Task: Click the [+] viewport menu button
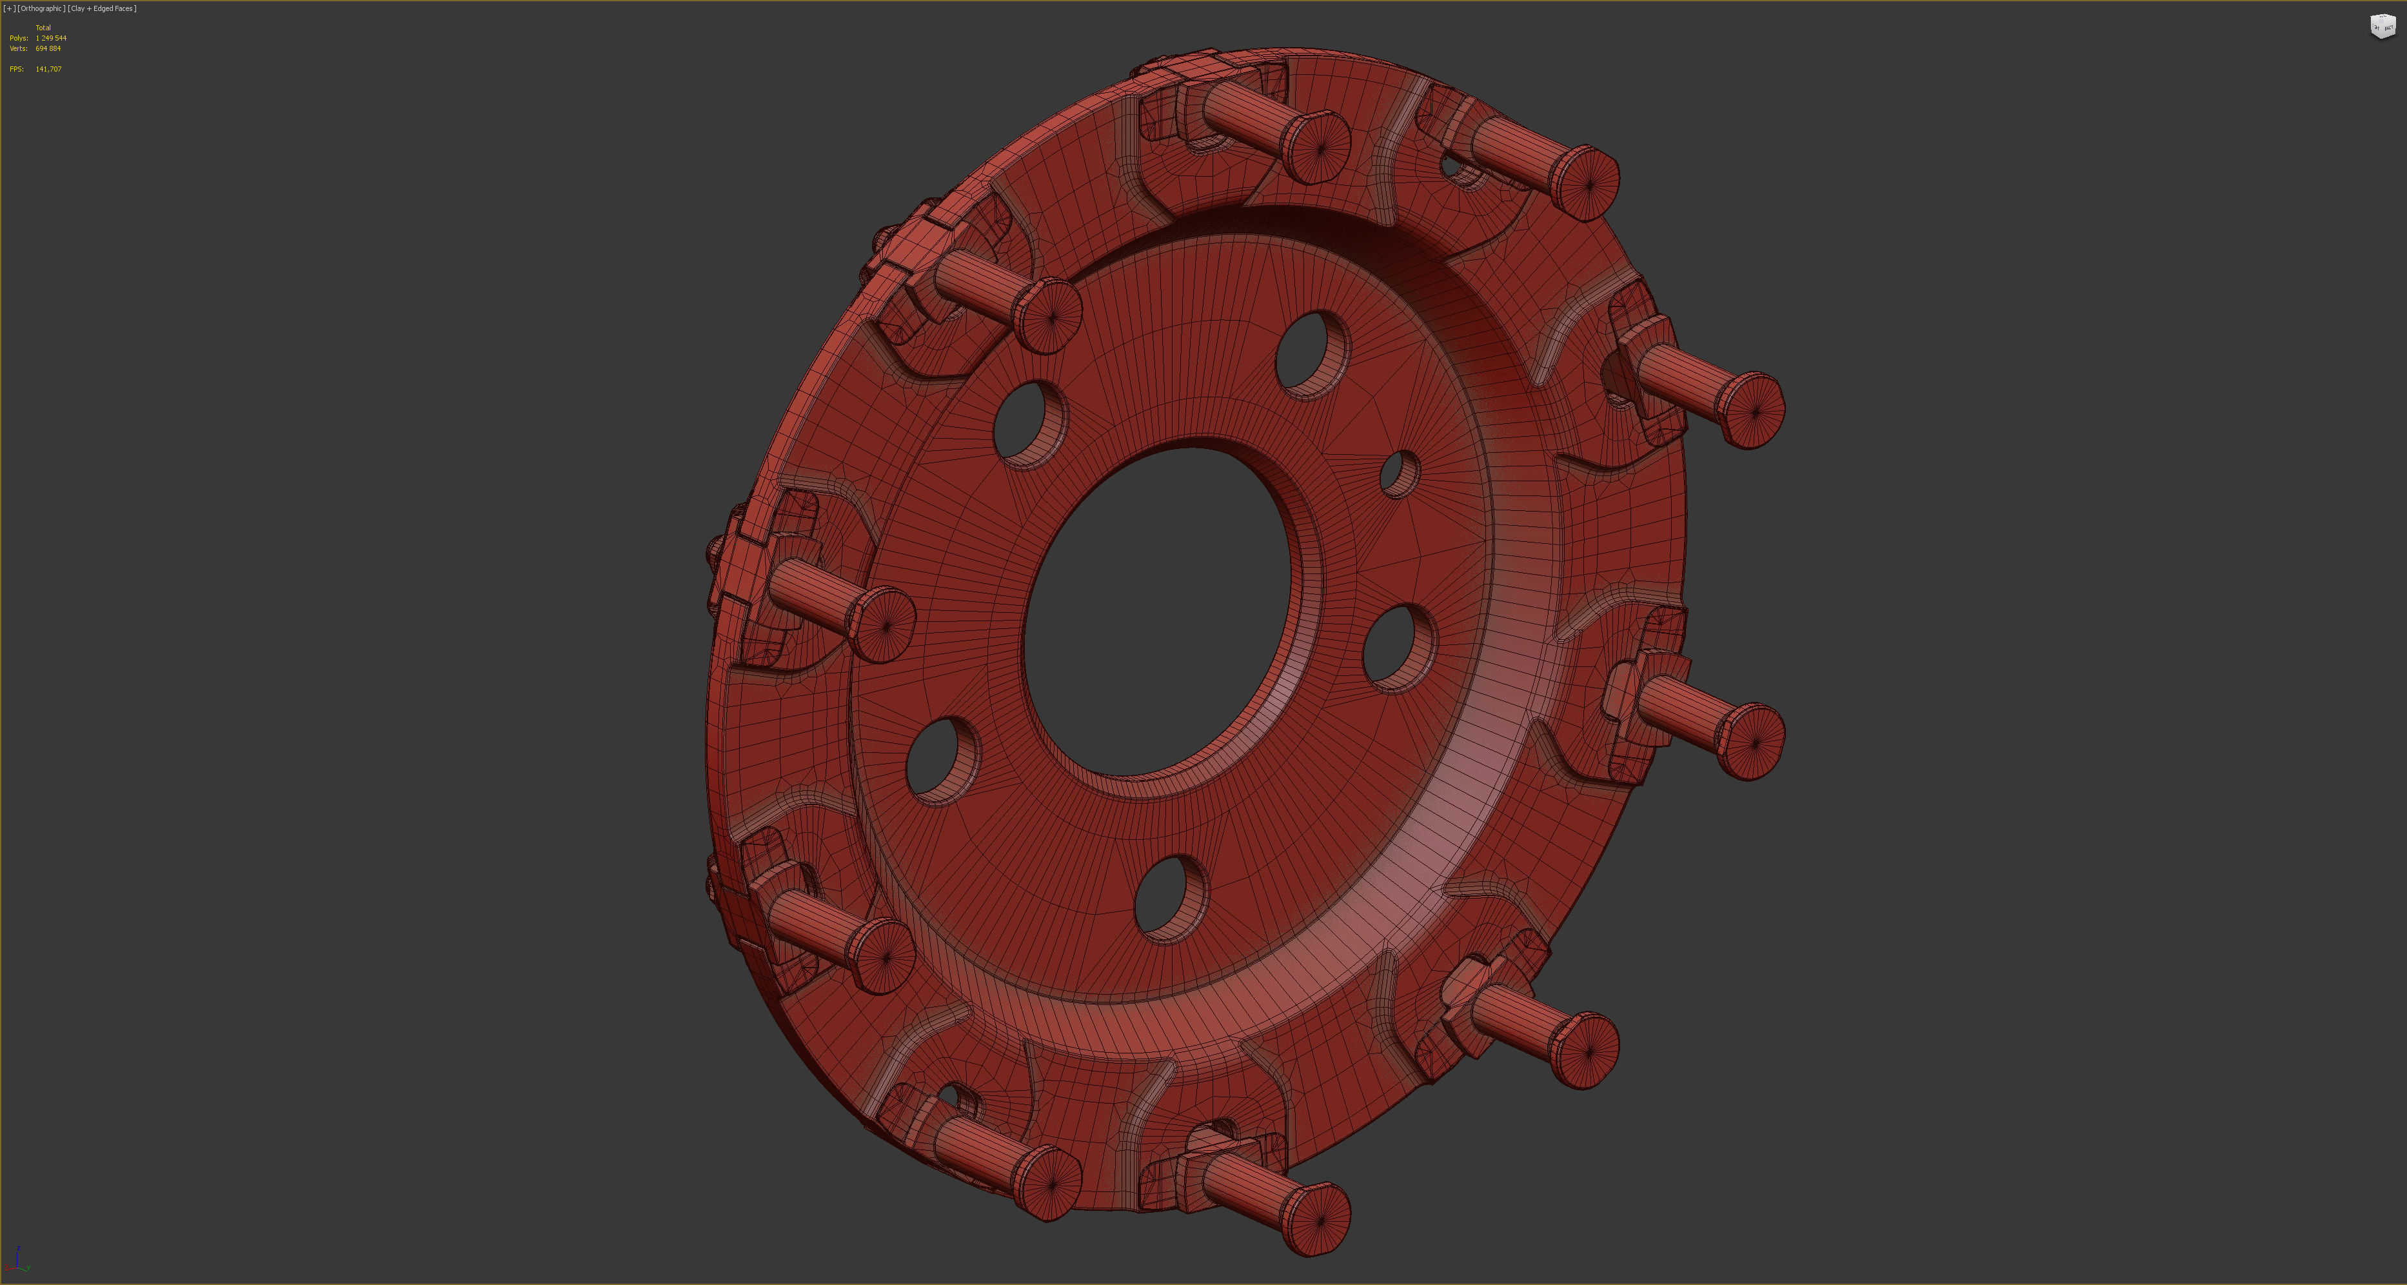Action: tap(9, 8)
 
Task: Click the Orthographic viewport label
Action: tap(41, 8)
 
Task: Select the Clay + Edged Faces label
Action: tap(103, 8)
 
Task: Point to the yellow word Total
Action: tap(43, 28)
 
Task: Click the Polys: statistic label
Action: tap(18, 38)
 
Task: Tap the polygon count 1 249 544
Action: tap(50, 38)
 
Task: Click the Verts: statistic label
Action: tap(18, 48)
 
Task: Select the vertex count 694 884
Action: tap(48, 48)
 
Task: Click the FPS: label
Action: tap(16, 69)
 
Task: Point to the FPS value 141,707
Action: tap(48, 69)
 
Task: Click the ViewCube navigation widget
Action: tap(2382, 26)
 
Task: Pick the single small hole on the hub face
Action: tap(1399, 475)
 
